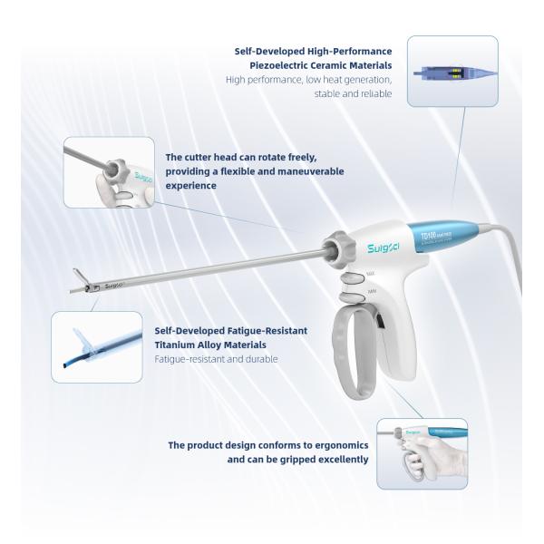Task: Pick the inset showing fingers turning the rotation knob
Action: point(107,171)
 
